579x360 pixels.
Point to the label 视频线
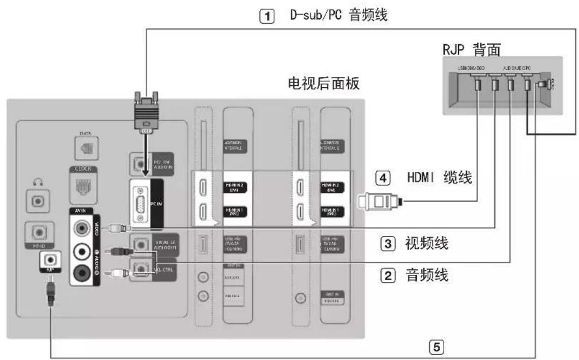point(426,243)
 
